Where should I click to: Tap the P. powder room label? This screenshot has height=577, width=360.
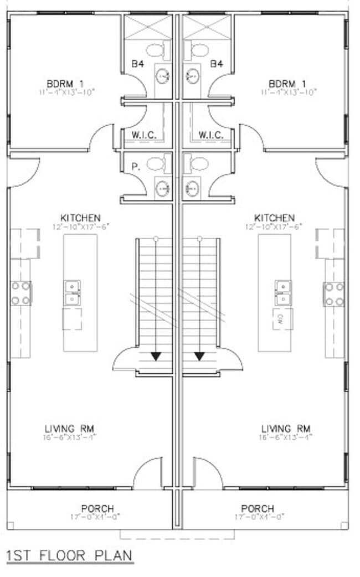click(135, 165)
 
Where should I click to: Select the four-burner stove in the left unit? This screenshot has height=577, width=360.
click(21, 293)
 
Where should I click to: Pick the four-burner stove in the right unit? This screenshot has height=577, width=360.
click(334, 293)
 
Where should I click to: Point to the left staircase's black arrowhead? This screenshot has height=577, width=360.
click(156, 356)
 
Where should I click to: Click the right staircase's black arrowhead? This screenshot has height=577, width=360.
click(199, 356)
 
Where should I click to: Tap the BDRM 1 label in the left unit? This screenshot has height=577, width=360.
click(65, 84)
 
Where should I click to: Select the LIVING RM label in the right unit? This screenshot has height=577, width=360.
click(286, 429)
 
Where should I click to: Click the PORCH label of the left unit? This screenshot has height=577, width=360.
click(97, 508)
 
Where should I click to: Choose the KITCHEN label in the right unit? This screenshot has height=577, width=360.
click(274, 218)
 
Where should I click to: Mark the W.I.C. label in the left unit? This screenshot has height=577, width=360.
click(144, 135)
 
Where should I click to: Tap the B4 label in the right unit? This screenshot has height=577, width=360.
click(216, 64)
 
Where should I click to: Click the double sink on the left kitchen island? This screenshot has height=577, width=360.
click(73, 293)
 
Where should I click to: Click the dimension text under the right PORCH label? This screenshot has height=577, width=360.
click(257, 517)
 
